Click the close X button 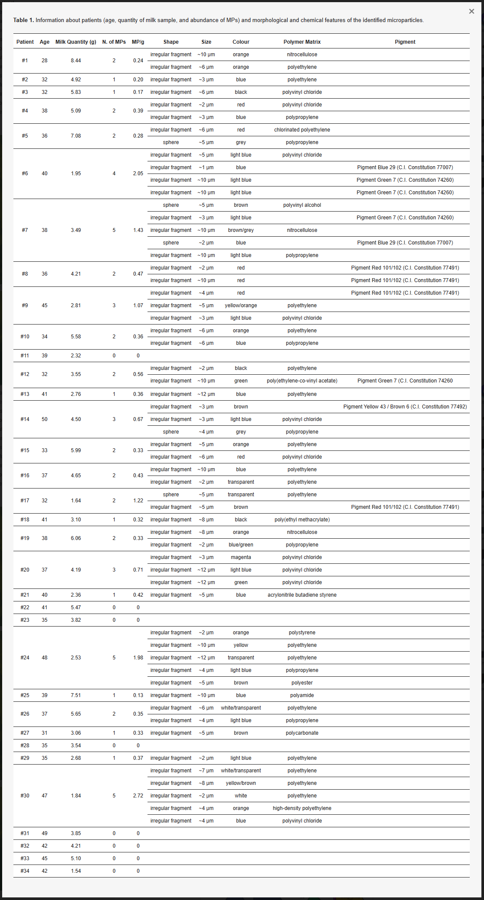click(471, 11)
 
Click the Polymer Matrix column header click(302, 42)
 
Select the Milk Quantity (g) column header click(76, 42)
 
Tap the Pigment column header click(405, 42)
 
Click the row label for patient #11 click(25, 356)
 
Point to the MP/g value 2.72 click(138, 796)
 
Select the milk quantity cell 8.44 click(76, 61)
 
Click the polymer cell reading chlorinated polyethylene click(302, 130)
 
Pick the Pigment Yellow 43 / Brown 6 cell click(405, 407)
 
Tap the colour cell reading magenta click(241, 557)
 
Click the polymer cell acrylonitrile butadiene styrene click(302, 595)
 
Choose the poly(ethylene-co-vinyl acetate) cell click(302, 381)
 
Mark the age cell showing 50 click(45, 419)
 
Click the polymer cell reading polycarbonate click(302, 733)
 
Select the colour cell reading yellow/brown click(241, 783)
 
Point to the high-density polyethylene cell click(302, 808)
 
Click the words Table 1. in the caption click(23, 20)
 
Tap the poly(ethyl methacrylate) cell click(302, 520)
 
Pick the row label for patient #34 click(25, 871)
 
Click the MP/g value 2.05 click(138, 174)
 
